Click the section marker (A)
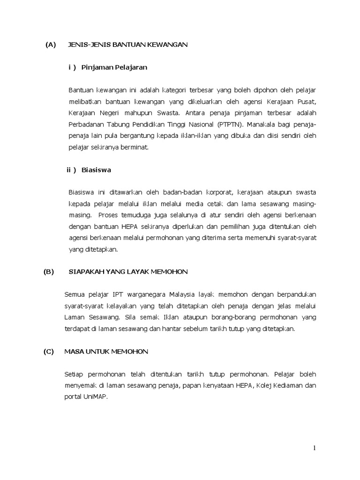tap(51, 45)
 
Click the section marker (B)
tap(49, 271)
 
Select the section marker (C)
tap(49, 351)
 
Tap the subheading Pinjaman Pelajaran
tap(114, 67)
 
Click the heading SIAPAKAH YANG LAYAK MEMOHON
tap(128, 271)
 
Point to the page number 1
tap(315, 448)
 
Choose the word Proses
tap(109, 215)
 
